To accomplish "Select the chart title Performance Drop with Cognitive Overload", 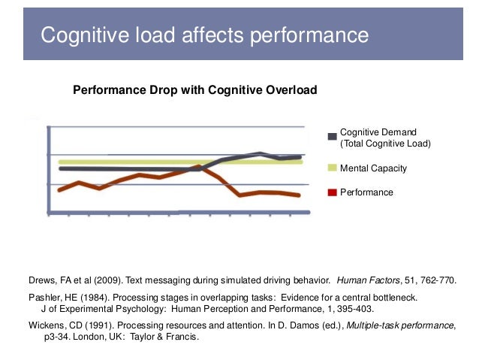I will (194, 90).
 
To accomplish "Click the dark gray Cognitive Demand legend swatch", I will (332, 137).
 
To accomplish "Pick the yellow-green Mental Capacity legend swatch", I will (332, 168).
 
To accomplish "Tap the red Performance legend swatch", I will (332, 192).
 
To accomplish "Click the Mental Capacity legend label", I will (373, 168).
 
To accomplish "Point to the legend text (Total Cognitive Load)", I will (385, 143).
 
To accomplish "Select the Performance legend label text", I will (366, 192).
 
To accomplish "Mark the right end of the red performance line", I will (299, 195).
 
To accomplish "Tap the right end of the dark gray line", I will (300, 157).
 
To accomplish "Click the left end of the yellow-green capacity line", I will (59, 162).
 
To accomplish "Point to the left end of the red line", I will (59, 190).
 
